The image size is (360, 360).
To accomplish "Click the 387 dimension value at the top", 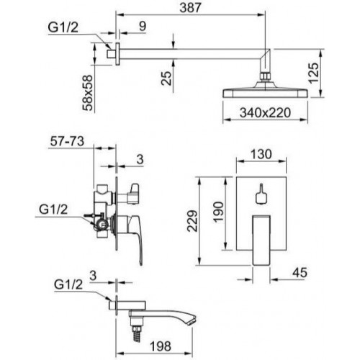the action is [x=190, y=7].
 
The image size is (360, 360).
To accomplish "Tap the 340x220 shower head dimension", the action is [x=265, y=112].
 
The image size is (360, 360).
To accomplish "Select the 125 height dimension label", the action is [x=314, y=73].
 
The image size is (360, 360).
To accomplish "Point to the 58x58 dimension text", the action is [x=87, y=92].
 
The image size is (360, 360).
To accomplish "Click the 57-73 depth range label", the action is [x=67, y=141].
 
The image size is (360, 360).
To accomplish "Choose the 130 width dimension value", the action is [x=261, y=154].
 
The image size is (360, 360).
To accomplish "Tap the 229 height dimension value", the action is [x=192, y=221].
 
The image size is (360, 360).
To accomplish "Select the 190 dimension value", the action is [x=218, y=212].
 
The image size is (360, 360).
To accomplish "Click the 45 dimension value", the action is [x=300, y=273].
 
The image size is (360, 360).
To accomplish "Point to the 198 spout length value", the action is [x=161, y=346].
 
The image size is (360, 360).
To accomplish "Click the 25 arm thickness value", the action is [x=166, y=78].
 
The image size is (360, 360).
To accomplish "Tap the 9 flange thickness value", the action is [x=143, y=26].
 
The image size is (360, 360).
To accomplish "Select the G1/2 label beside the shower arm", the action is [x=63, y=27].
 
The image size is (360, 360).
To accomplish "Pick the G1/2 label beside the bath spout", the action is [x=68, y=284].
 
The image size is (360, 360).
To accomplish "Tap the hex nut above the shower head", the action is [x=265, y=76].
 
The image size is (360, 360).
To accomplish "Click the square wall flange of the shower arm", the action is [x=117, y=54].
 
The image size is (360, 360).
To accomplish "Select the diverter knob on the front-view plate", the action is [x=261, y=195].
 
